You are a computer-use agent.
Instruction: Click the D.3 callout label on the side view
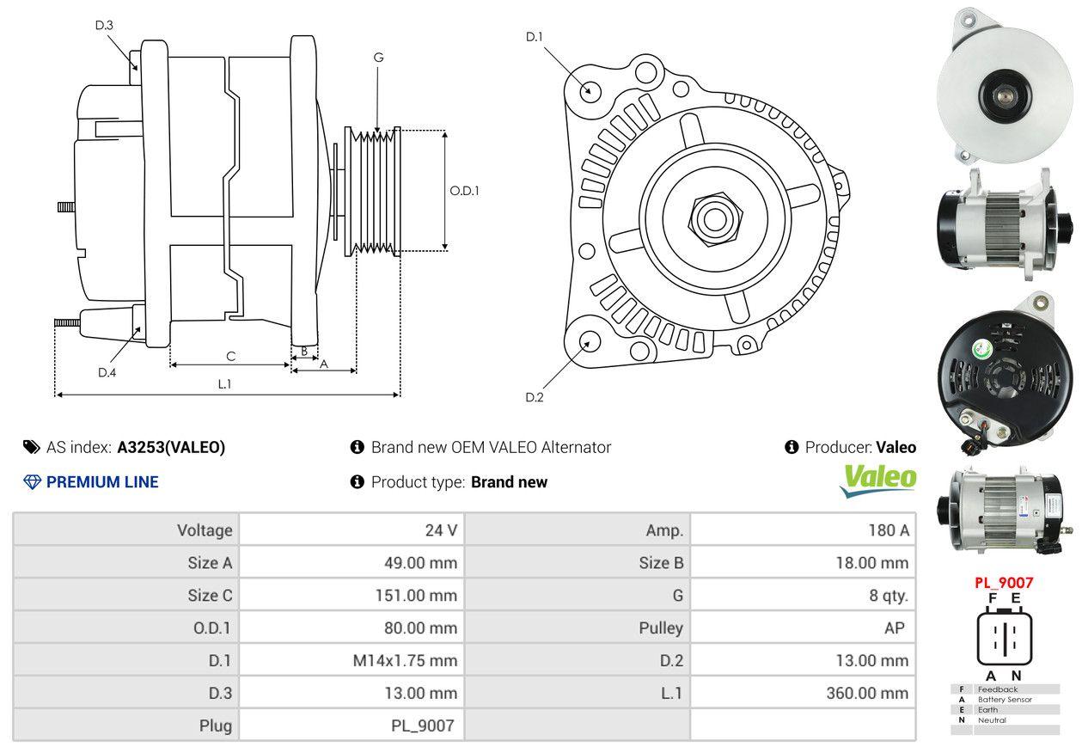pyautogui.click(x=104, y=25)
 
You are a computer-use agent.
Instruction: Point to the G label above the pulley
pyautogui.click(x=378, y=58)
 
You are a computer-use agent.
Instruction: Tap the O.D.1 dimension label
pyautogui.click(x=464, y=191)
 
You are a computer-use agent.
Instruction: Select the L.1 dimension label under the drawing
pyautogui.click(x=224, y=384)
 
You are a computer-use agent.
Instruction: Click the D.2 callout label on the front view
pyautogui.click(x=535, y=397)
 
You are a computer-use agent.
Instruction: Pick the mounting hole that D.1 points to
pyautogui.click(x=590, y=89)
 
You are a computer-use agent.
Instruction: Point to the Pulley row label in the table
pyautogui.click(x=661, y=627)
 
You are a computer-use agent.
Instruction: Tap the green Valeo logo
pyautogui.click(x=877, y=480)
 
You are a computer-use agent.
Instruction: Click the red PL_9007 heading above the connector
pyautogui.click(x=1003, y=582)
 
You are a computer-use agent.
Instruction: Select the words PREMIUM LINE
pyautogui.click(x=102, y=482)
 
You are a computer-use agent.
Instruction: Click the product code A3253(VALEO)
pyautogui.click(x=171, y=447)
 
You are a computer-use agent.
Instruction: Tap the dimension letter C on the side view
pyautogui.click(x=230, y=356)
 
